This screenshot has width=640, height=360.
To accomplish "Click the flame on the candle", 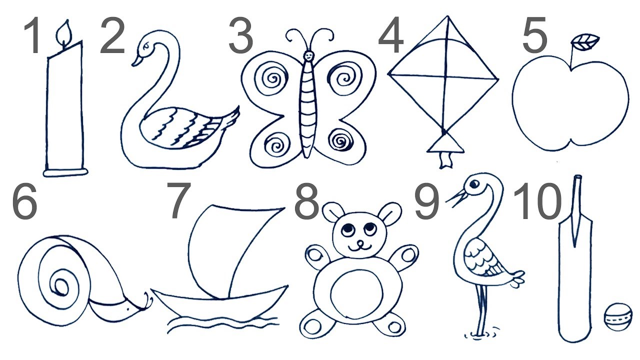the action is click(x=64, y=33).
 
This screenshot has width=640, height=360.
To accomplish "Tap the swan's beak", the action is click(x=136, y=61).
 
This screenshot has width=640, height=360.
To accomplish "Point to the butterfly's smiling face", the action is click(x=308, y=55).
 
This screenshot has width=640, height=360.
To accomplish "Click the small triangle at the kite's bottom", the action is click(x=444, y=144).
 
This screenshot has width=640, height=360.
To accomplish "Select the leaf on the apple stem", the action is click(x=584, y=42).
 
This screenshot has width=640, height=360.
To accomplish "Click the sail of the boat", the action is click(x=231, y=251).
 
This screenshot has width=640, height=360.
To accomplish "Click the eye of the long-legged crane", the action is click(x=474, y=183).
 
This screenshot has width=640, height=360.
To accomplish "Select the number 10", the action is click(x=537, y=201).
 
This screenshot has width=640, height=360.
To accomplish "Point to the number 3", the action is click(x=240, y=35).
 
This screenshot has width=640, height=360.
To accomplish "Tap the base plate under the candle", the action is click(x=65, y=172).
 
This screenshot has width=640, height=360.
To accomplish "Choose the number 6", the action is click(x=24, y=201).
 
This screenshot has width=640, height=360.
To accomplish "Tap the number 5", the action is click(x=534, y=35).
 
